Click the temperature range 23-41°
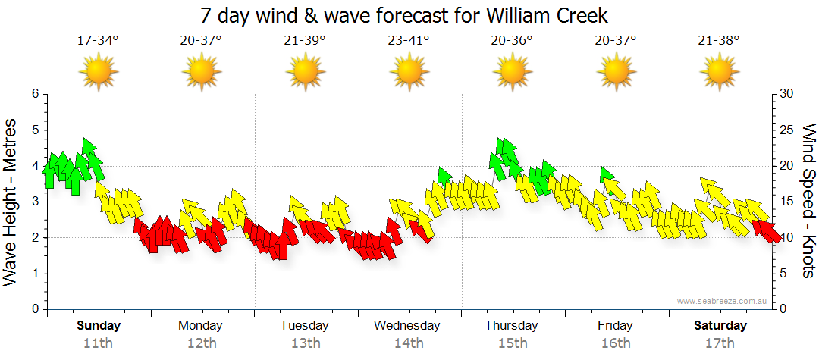(x=409, y=40)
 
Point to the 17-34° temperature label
(x=99, y=40)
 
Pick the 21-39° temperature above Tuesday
(x=305, y=40)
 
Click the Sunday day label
(x=99, y=326)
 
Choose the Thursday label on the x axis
(x=511, y=326)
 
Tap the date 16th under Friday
(x=615, y=343)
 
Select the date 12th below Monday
(x=201, y=343)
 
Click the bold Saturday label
(x=720, y=326)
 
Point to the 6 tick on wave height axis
(x=35, y=94)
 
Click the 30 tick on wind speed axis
(x=786, y=94)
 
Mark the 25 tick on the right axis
(x=786, y=130)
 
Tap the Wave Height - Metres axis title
(x=11, y=201)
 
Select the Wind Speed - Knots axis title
(x=808, y=201)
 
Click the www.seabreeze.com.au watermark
(x=723, y=301)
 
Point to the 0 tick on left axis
(x=35, y=309)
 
